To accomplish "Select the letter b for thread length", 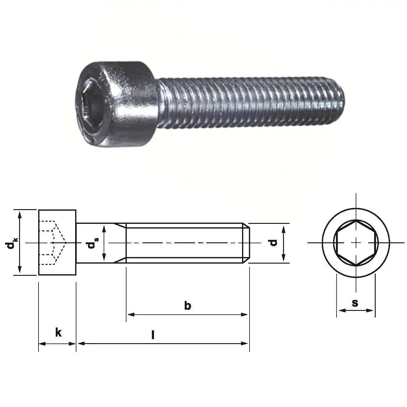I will [187, 305].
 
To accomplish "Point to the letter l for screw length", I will [153, 335].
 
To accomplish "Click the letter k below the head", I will [58, 332].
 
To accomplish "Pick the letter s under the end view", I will [355, 303].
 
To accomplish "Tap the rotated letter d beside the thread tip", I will [274, 243].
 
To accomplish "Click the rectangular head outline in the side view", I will [57, 216].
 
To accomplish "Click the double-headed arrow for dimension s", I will [356, 311].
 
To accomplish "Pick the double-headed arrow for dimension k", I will [57, 343].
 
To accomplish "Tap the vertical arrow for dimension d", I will [284, 244].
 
